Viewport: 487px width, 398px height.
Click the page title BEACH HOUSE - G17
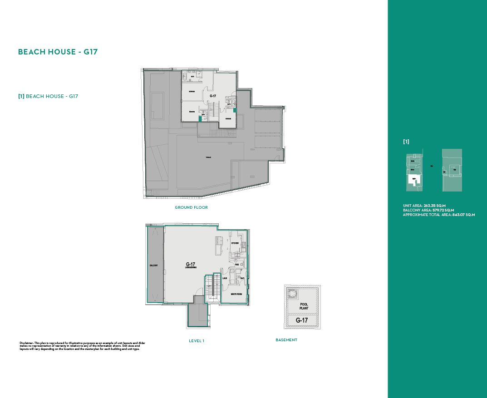pos(58,52)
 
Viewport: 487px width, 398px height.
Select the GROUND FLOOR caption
pos(191,207)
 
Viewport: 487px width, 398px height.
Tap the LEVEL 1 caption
pos(197,341)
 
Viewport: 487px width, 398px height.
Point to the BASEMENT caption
pos(286,340)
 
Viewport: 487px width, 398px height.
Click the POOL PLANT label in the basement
pos(304,306)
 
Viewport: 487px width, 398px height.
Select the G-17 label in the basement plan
pos(302,320)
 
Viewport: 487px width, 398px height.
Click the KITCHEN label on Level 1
pos(235,243)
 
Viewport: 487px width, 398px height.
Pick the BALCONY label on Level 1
pos(154,265)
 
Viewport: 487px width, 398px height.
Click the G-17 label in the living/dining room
pos(191,264)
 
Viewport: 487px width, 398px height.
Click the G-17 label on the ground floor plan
pos(212,96)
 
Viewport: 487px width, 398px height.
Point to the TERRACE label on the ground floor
pos(208,157)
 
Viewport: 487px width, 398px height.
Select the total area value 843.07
pos(458,215)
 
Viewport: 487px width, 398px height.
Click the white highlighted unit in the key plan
pos(414,180)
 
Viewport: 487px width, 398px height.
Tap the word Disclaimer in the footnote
pos(26,342)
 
